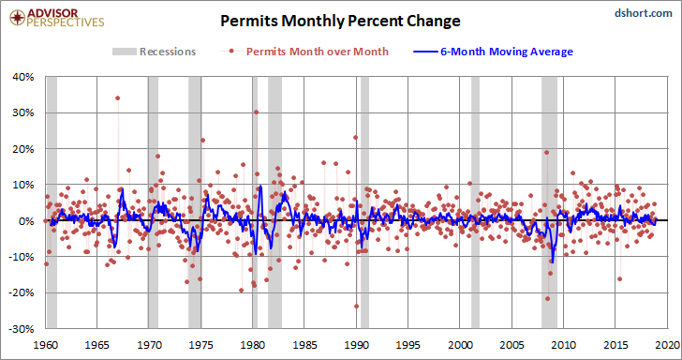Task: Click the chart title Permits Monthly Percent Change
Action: [340, 21]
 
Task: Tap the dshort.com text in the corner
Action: [644, 13]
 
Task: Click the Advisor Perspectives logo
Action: [57, 18]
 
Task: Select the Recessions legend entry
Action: [155, 52]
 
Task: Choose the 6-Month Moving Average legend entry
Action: [493, 52]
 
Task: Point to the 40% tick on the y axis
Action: [24, 77]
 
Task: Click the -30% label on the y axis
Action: [22, 328]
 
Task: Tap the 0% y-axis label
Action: [27, 220]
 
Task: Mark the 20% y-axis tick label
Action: [24, 149]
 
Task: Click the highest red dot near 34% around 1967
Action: [117, 97]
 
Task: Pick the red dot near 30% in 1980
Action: [256, 112]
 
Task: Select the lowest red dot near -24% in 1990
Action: [356, 306]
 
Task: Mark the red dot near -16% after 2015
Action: [619, 279]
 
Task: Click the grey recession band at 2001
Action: [475, 202]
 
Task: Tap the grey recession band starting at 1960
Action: [52, 202]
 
